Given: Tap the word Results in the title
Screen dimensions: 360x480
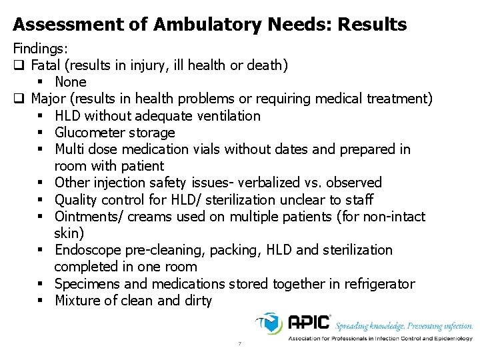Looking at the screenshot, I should (371, 25).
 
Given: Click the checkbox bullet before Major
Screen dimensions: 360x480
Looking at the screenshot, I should (18, 99).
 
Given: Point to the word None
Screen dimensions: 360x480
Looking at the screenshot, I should (71, 82).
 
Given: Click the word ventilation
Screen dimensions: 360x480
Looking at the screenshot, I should (227, 116).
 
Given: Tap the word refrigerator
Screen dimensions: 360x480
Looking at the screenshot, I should (379, 284).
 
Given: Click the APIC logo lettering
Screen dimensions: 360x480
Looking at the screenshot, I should (309, 323).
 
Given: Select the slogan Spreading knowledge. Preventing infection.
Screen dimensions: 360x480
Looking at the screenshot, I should (404, 326).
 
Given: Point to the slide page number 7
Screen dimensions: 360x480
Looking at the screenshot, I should (239, 344).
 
